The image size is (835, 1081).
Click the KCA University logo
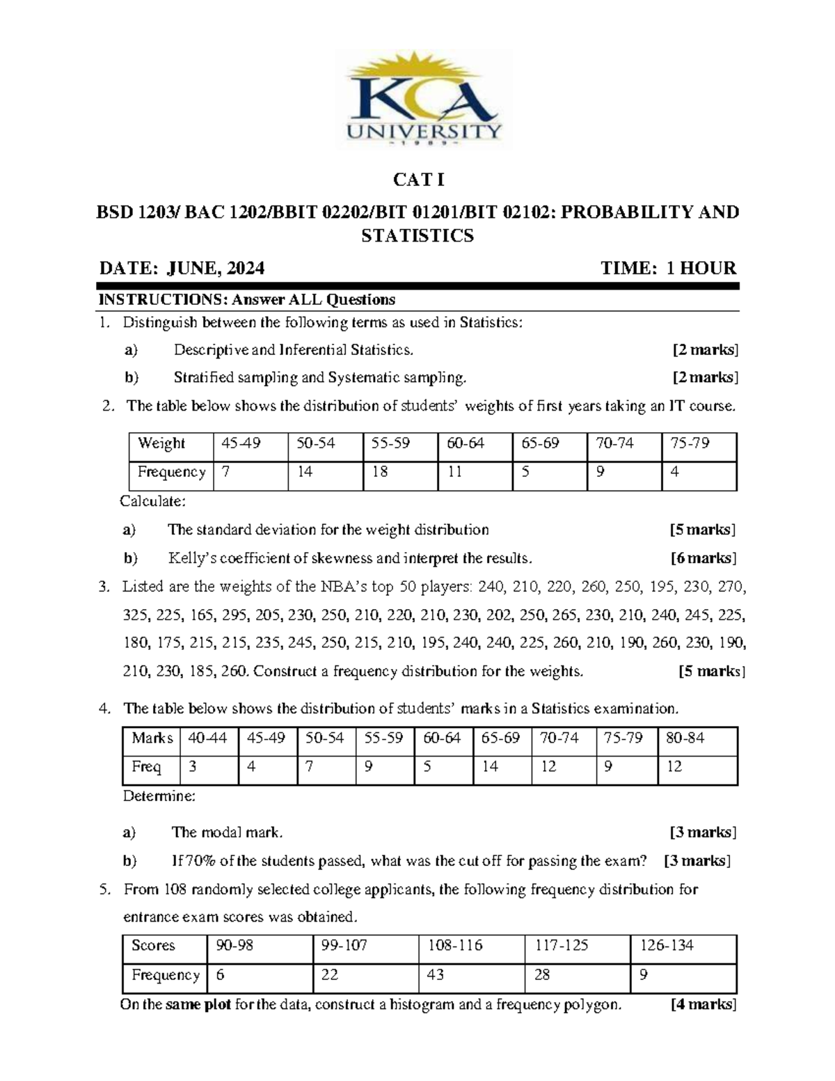422,101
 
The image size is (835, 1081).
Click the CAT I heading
418,180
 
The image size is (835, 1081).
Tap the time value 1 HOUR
701,269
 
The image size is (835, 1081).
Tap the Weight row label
161,443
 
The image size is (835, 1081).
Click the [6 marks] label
703,558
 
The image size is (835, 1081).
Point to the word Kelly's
193,558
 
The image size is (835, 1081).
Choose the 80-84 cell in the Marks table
685,738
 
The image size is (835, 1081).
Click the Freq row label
146,767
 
